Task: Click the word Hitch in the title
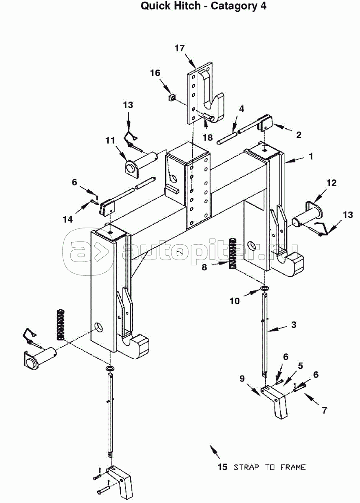point(185,6)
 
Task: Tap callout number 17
point(180,48)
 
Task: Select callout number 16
point(155,73)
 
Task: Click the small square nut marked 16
point(172,97)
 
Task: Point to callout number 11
point(110,140)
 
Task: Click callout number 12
point(332,183)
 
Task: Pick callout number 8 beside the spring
point(204,267)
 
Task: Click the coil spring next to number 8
point(233,254)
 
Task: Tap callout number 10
point(235,301)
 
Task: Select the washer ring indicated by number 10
point(265,288)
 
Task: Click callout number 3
point(294,325)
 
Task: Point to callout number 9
point(242,378)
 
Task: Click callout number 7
point(324,410)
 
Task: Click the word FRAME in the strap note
point(293,467)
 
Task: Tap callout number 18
point(208,137)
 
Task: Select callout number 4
point(241,109)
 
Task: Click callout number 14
point(68,219)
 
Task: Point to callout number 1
point(311,156)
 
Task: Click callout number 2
point(299,135)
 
